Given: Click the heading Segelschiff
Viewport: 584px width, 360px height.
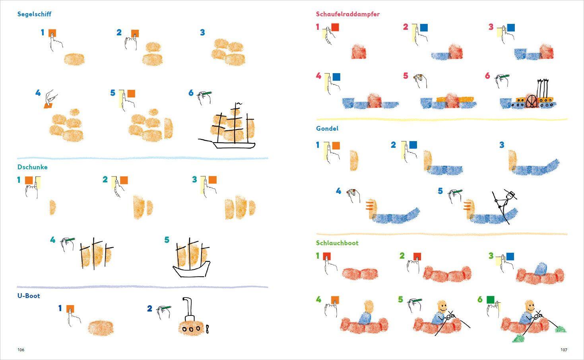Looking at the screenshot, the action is tap(34, 14).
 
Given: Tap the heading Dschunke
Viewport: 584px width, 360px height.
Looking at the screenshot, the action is tap(32, 167).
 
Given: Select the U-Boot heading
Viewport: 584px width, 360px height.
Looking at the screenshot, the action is tap(29, 296).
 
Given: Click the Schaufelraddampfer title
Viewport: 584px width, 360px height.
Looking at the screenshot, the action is tap(347, 14).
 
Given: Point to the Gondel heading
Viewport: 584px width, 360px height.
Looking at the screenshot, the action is tap(327, 128).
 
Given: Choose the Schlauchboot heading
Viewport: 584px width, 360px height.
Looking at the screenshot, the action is tap(337, 243).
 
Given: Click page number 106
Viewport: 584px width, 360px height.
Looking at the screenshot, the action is tap(21, 350).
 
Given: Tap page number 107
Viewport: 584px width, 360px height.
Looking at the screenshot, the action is tap(564, 350).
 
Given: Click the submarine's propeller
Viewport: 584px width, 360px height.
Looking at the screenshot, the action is tap(207, 329).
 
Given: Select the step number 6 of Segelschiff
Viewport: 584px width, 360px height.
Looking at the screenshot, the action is tap(191, 93).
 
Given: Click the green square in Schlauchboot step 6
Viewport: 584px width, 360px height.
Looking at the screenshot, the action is tap(491, 300).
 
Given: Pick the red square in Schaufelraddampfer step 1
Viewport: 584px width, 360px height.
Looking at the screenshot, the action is tap(335, 27).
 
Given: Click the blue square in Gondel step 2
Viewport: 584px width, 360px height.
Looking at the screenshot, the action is tap(413, 145).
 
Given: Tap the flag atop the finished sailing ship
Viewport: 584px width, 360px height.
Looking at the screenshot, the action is tap(239, 104).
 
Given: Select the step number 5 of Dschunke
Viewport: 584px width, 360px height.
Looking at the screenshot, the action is tap(167, 240).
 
